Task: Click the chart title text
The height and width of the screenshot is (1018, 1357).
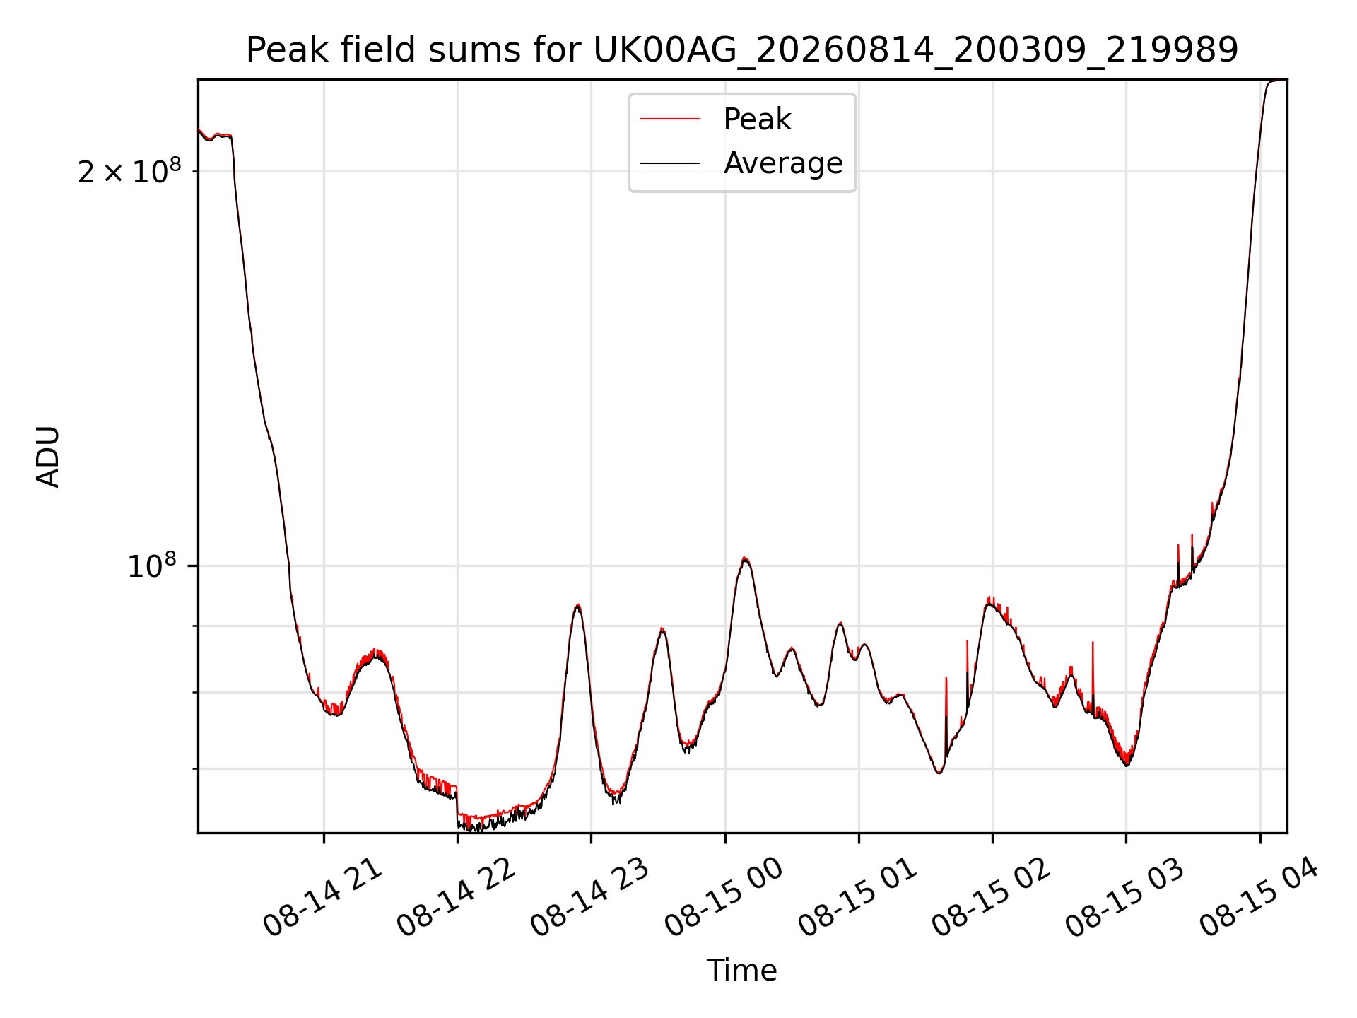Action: coord(742,50)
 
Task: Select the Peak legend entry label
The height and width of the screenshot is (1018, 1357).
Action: coord(757,119)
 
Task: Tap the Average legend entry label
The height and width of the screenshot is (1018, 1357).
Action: coord(783,163)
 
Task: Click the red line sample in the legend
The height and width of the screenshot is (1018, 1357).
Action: coord(670,119)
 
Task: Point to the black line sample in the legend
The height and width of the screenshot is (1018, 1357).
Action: coord(670,163)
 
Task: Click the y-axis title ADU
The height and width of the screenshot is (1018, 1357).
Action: coord(48,457)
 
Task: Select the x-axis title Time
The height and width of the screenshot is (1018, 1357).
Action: coord(742,971)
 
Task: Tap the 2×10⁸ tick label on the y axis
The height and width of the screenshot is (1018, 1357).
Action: coord(129,171)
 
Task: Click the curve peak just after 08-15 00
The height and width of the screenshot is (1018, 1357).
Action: coord(744,558)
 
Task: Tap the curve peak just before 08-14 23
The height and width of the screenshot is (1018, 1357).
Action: coord(578,605)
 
